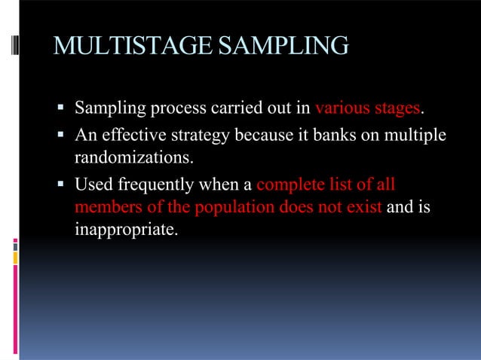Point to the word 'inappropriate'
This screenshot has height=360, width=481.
(126, 228)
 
